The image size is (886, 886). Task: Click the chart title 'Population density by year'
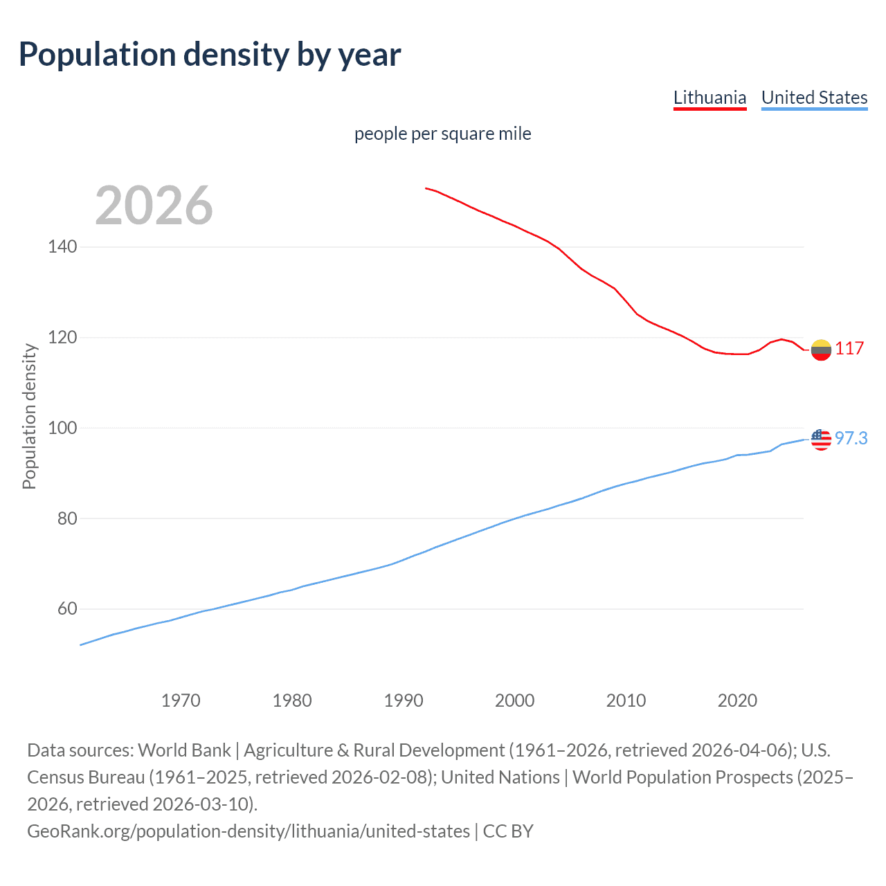tap(210, 55)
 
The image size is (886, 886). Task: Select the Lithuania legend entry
tap(709, 98)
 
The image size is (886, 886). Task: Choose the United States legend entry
tap(814, 98)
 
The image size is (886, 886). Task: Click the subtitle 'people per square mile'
tap(442, 134)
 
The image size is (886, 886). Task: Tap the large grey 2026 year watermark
tap(154, 206)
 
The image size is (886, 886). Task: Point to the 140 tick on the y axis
tap(62, 247)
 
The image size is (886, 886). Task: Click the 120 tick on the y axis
tap(62, 338)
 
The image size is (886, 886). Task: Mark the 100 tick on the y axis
tap(62, 428)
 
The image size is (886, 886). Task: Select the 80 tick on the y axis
tap(66, 518)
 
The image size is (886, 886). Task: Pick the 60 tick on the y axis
tap(66, 609)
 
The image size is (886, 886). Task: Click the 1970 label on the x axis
tap(181, 700)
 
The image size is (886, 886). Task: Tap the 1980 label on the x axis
tap(292, 700)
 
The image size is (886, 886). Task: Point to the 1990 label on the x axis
tap(404, 700)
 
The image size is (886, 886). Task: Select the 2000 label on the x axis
tap(514, 700)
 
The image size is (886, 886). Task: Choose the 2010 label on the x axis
tap(626, 700)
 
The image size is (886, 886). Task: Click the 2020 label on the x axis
tap(737, 700)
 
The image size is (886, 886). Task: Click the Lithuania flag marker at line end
tap(821, 350)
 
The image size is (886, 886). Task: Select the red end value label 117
tap(849, 348)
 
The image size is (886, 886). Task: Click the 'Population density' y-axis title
tap(29, 417)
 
